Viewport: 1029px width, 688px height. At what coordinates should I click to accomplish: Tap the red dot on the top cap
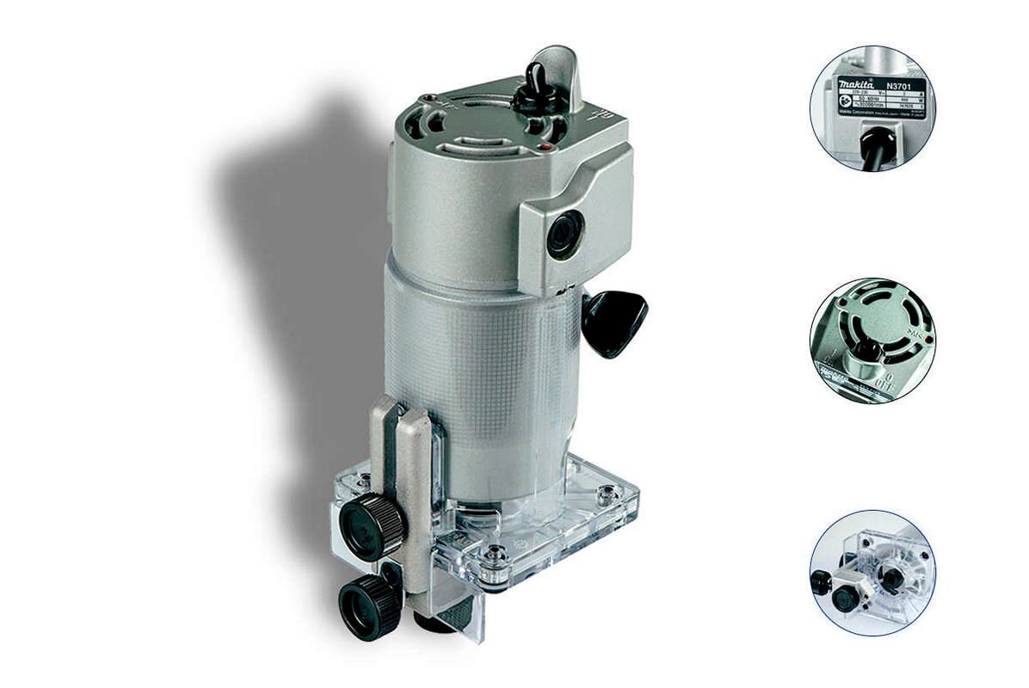(543, 148)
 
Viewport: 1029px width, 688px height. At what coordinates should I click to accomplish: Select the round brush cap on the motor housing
(565, 232)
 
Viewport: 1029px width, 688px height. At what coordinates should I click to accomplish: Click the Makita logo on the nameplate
(857, 83)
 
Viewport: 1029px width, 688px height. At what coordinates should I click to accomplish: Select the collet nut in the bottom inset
(892, 578)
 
